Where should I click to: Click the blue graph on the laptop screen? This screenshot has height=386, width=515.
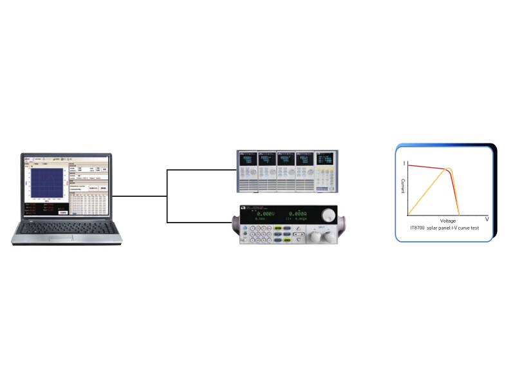pos(44,183)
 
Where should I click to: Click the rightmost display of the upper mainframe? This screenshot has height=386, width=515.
pos(324,158)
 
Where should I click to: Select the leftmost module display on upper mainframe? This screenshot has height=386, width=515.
pos(247,158)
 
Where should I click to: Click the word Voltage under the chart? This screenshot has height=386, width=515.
pos(448,221)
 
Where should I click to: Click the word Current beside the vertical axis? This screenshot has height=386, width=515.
pos(403,187)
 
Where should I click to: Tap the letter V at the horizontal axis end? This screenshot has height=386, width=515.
pos(487,219)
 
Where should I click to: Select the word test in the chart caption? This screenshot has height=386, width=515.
pos(474,228)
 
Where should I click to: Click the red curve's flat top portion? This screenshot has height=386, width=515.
pos(425,167)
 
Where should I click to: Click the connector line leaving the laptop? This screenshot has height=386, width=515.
pos(138,196)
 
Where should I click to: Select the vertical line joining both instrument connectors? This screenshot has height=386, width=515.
pos(167,196)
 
